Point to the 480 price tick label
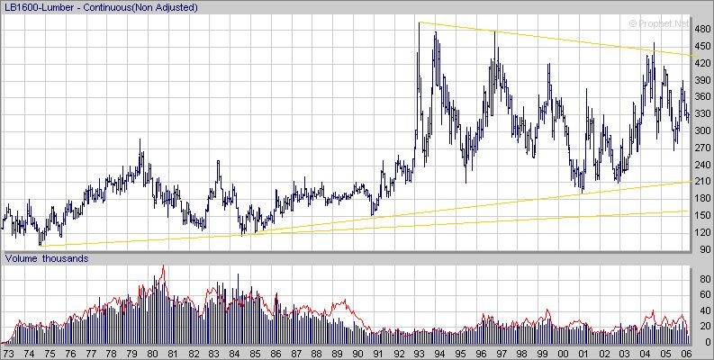702,28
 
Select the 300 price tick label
702,130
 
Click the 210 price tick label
702,181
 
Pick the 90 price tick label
702,249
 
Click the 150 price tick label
702,215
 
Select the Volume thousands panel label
47,259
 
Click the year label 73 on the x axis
9,354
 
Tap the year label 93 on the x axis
420,354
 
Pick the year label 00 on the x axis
564,354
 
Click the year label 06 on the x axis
687,354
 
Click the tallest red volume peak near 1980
163,266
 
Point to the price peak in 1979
140,140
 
